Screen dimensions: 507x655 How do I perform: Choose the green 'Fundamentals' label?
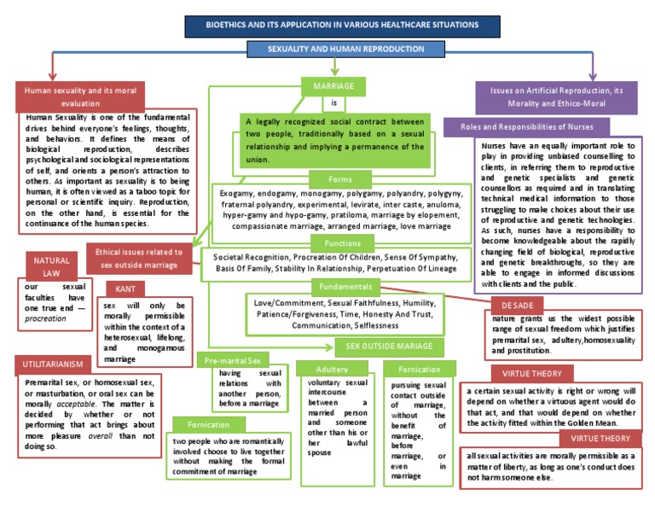345,287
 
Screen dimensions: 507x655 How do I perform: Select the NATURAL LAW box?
51,266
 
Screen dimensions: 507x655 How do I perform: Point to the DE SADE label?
519,305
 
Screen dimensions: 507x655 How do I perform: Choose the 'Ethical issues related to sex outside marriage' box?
139,258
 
